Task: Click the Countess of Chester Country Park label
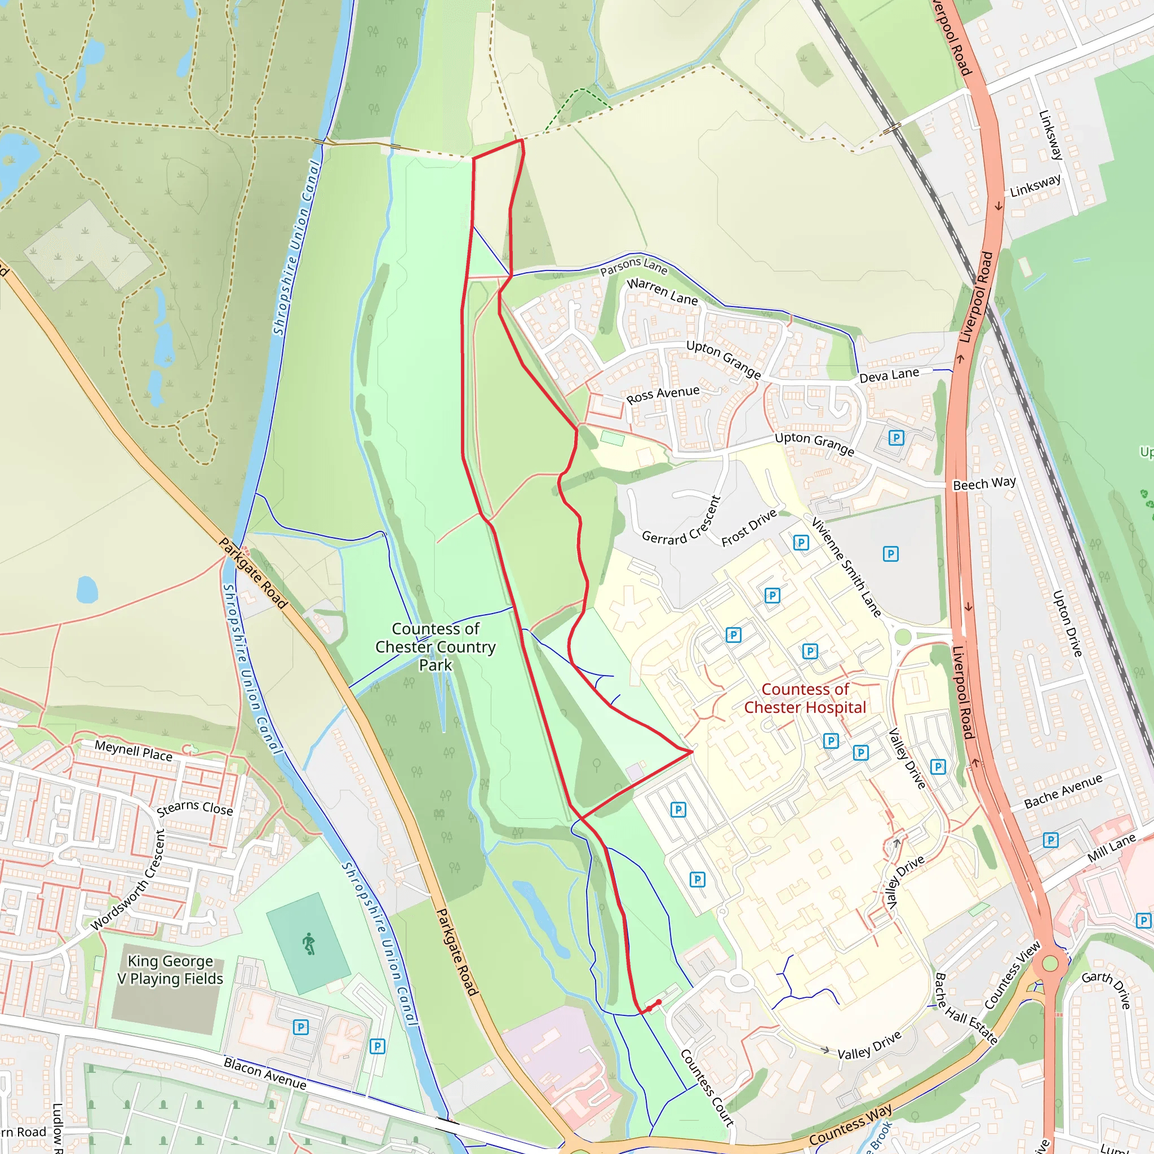pos(436,646)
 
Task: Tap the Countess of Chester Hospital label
pos(805,698)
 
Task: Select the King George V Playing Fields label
pos(170,969)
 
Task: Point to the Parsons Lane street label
pos(634,266)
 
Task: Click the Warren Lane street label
pos(662,291)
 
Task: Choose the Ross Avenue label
pos(663,395)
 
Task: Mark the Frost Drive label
pos(749,527)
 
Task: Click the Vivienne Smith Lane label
pos(846,567)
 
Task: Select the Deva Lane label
pos(889,375)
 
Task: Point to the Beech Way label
pos(984,483)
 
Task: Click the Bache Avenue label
pos(1063,792)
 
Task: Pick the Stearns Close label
pos(195,809)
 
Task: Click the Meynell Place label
pos(134,751)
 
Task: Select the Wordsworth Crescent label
pos(127,880)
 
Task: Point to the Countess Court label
pos(707,1087)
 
